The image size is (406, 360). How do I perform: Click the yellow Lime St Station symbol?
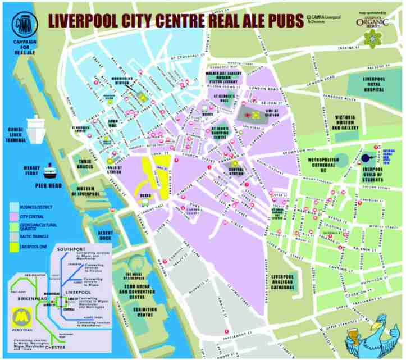tap(256, 116)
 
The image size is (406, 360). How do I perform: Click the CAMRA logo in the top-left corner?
tap(24, 26)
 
